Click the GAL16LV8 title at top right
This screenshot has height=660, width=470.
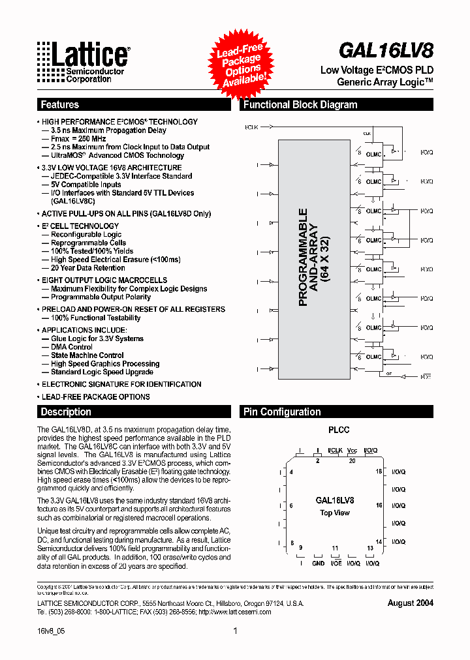386,50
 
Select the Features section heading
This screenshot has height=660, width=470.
60,104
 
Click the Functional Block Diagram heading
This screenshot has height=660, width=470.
300,104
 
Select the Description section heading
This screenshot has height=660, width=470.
66,412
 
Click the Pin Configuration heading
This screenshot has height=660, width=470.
282,412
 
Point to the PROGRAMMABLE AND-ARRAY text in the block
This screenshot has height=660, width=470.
312,257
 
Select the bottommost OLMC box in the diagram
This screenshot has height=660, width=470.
373,357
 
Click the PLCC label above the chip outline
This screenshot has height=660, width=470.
338,430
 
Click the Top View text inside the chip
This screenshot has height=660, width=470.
335,513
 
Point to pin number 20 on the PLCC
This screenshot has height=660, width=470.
353,461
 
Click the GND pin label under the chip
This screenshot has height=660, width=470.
318,563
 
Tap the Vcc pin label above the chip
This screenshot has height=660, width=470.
352,451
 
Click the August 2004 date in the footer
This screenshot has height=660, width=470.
410,603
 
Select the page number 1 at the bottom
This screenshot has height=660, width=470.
235,631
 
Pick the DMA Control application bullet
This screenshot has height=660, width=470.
72,347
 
